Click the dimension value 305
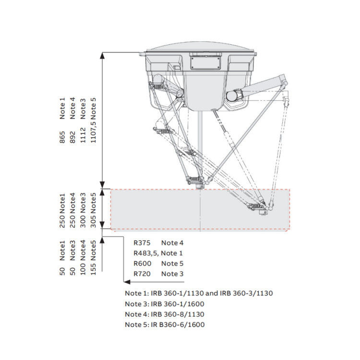pos(94,221)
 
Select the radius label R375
pos(143,243)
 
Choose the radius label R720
pos(143,274)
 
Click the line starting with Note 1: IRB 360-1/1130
pos(199,293)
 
